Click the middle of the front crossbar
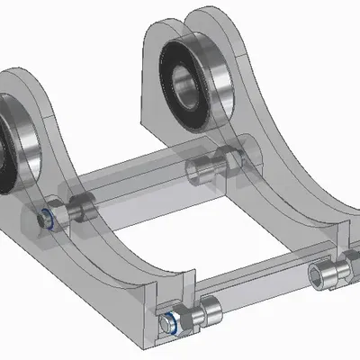click(261, 291)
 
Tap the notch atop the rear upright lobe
click(190, 14)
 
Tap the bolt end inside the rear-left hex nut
click(45, 219)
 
